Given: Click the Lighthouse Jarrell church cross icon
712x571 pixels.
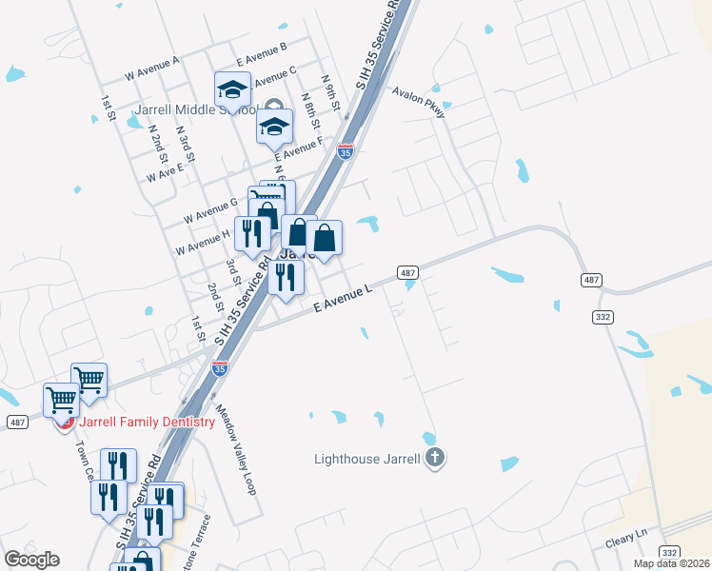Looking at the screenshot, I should [x=435, y=458].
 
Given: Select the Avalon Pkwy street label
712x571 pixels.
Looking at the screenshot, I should [x=419, y=100].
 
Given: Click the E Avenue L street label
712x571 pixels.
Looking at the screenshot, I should [x=340, y=296].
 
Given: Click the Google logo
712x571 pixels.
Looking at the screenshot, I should [x=31, y=560].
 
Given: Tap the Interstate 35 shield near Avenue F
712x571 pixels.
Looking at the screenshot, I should [x=346, y=150].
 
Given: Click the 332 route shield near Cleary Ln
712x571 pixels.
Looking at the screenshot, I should [x=669, y=552].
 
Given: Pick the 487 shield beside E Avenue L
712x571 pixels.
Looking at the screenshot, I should [x=406, y=273].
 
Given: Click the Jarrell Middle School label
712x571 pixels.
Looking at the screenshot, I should [x=190, y=109].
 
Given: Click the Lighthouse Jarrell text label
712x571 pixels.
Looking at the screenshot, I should [x=367, y=459].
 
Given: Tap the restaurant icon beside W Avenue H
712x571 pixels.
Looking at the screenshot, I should [x=251, y=233].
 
